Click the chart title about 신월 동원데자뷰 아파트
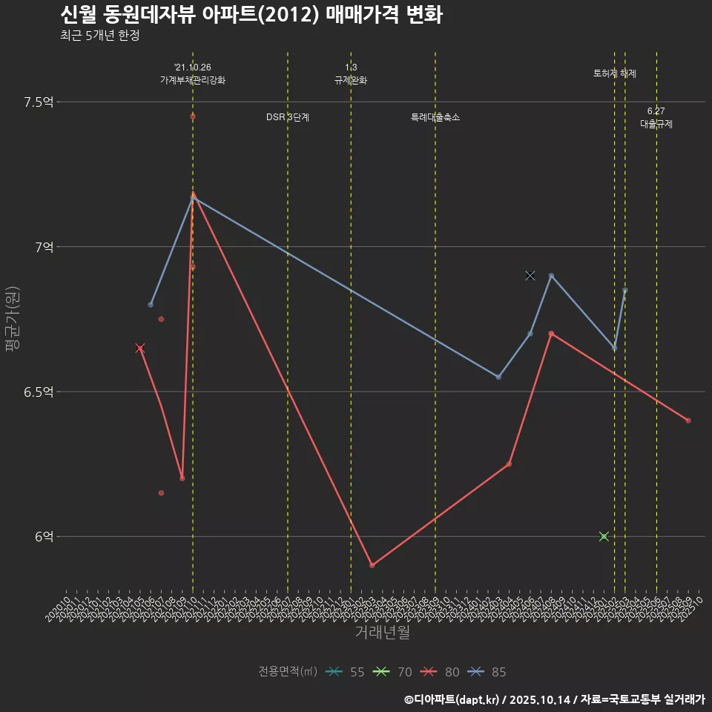pyautogui.click(x=251, y=14)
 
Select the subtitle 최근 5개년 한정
pyautogui.click(x=99, y=35)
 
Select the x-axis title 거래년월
pyautogui.click(x=382, y=633)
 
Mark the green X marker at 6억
pyautogui.click(x=604, y=536)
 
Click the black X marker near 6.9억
pyautogui.click(x=530, y=276)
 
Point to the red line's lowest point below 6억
pyautogui.click(x=372, y=565)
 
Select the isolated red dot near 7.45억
pyautogui.click(x=193, y=116)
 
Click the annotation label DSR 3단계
pyautogui.click(x=288, y=117)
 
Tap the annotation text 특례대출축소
pyautogui.click(x=435, y=117)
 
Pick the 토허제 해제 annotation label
pyautogui.click(x=615, y=73)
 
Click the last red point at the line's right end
pyautogui.click(x=688, y=421)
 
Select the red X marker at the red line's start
pyautogui.click(x=140, y=349)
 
